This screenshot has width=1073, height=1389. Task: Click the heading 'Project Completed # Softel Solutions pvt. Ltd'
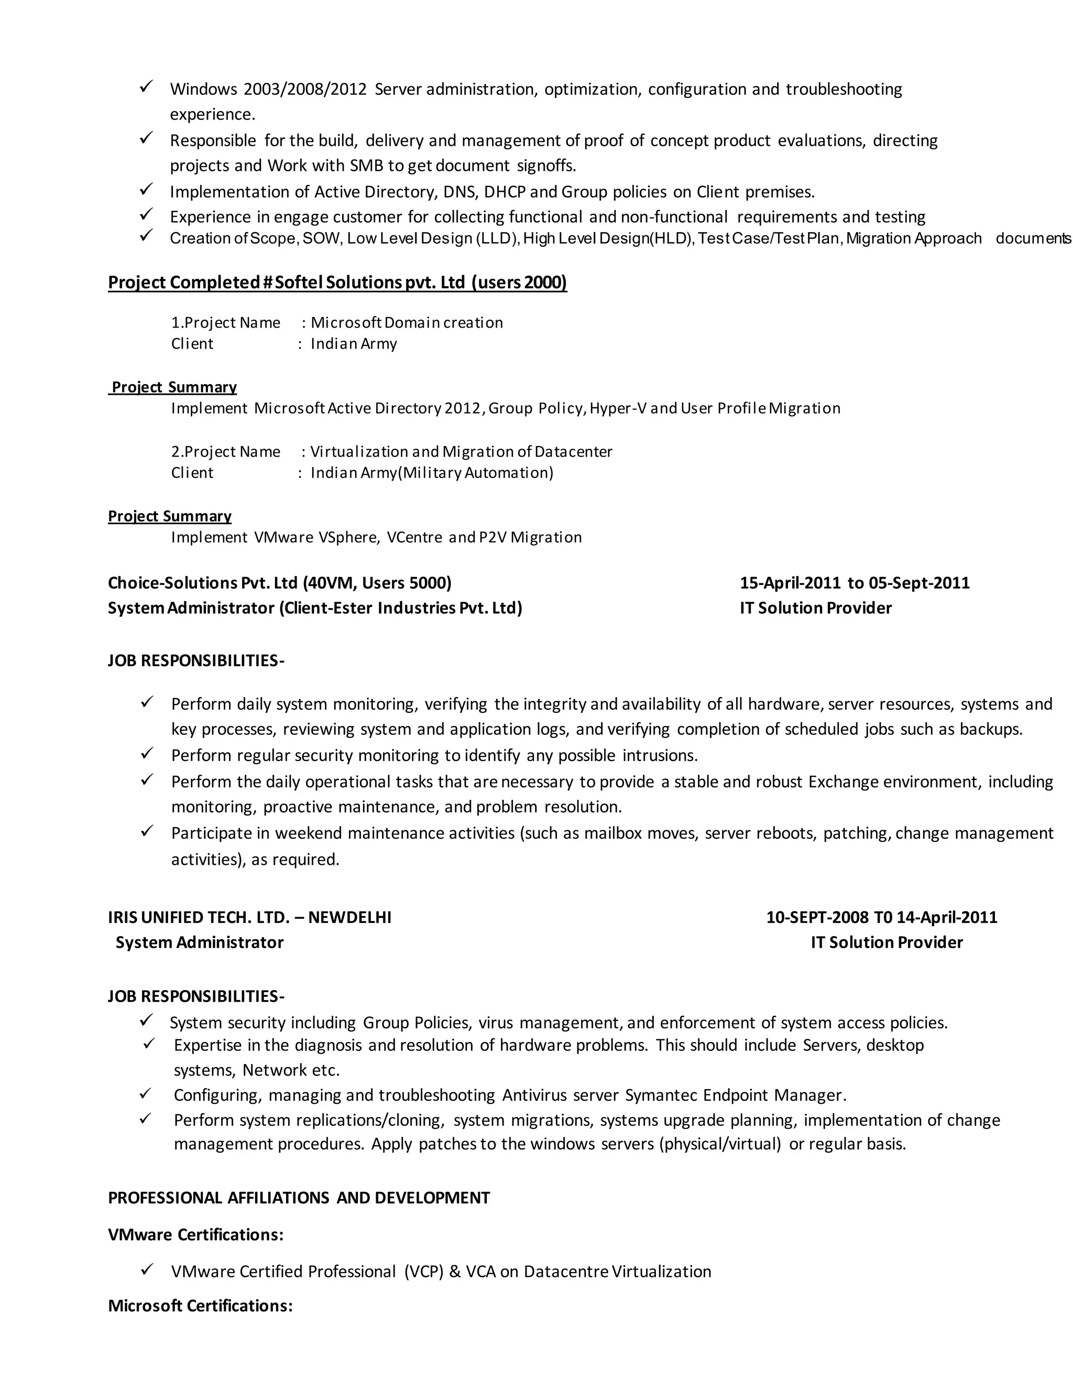click(337, 283)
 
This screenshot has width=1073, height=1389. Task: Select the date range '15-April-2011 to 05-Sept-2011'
click(855, 583)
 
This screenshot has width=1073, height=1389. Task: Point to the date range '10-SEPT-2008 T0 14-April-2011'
click(882, 917)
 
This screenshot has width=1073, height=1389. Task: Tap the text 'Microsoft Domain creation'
click(407, 323)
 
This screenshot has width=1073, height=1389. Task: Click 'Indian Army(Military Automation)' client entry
click(432, 473)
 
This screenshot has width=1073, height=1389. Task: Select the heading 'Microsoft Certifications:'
click(200, 1306)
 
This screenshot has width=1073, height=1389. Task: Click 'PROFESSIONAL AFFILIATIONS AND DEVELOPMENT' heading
click(299, 1198)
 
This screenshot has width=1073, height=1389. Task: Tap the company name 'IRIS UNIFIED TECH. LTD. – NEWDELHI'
click(250, 917)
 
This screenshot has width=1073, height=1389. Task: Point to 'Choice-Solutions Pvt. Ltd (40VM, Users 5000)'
click(280, 583)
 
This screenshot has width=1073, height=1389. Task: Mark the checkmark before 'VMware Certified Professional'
click(147, 1269)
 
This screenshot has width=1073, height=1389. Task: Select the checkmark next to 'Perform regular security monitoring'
click(147, 754)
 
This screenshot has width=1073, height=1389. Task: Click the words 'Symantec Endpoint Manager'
click(735, 1095)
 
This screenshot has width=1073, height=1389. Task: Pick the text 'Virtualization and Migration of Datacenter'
click(462, 452)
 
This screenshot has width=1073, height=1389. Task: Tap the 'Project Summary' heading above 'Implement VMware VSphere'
click(170, 516)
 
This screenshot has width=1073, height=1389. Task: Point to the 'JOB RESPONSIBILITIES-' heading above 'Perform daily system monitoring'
click(196, 661)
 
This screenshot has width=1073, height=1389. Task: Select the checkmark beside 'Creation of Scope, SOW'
click(146, 236)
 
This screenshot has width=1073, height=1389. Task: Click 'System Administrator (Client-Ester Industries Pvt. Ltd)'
click(315, 609)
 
